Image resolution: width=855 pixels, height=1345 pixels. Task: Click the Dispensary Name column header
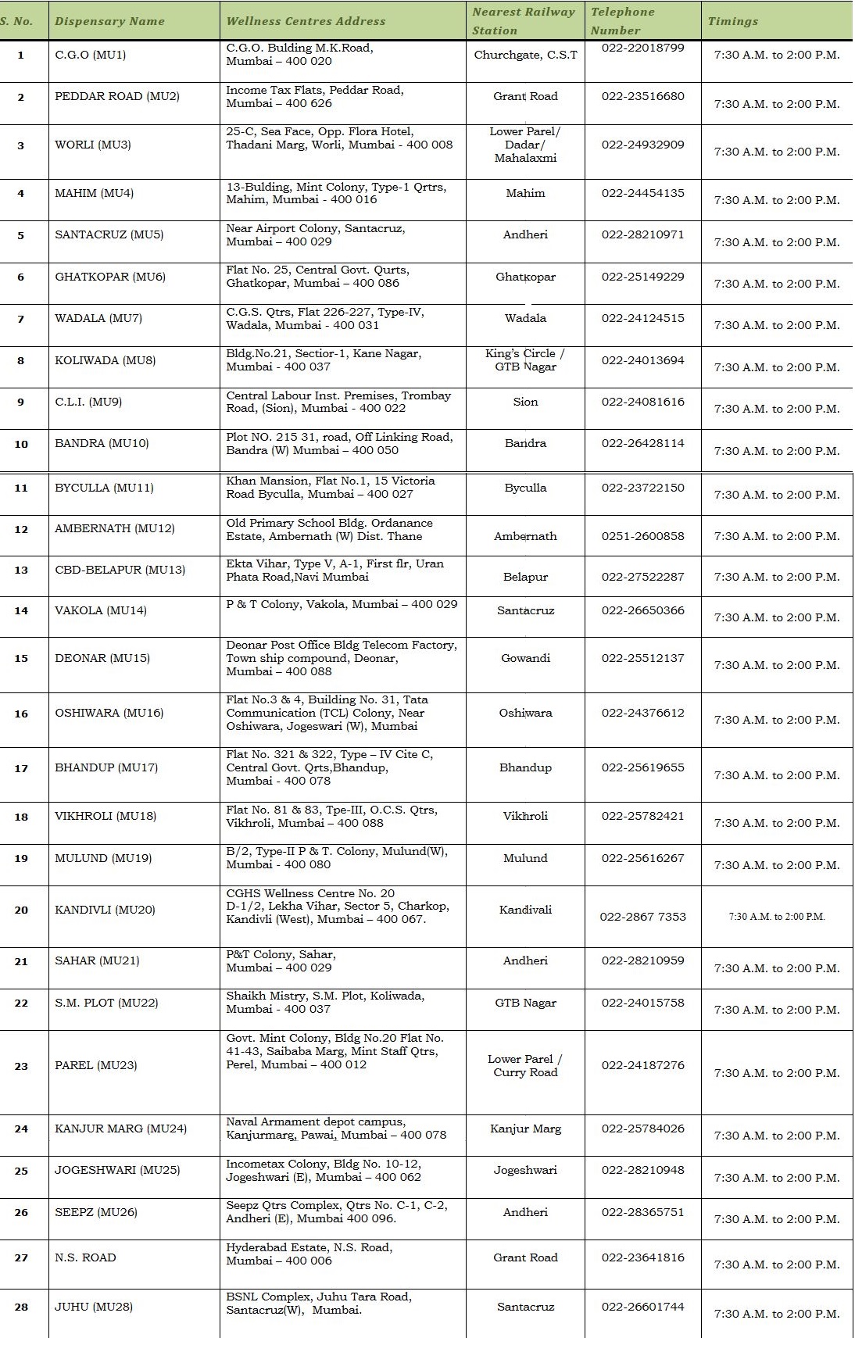pyautogui.click(x=109, y=21)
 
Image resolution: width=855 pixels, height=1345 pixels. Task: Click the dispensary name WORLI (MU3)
pyautogui.click(x=93, y=145)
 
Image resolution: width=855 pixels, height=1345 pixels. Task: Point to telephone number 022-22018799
pyautogui.click(x=642, y=48)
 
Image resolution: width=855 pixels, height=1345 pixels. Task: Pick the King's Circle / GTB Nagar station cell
pyautogui.click(x=525, y=360)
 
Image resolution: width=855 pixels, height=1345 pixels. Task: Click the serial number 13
pyautogui.click(x=21, y=571)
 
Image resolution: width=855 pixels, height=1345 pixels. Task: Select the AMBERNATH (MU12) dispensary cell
pyautogui.click(x=115, y=528)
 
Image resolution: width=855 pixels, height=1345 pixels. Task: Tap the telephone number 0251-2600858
pyautogui.click(x=642, y=536)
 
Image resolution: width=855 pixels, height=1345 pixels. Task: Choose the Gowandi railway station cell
pyautogui.click(x=525, y=658)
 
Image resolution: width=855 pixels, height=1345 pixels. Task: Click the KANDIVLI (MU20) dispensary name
pyautogui.click(x=105, y=910)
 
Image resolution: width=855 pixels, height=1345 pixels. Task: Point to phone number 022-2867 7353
pyautogui.click(x=642, y=916)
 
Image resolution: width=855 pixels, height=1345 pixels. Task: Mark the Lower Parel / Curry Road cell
pyautogui.click(x=525, y=1066)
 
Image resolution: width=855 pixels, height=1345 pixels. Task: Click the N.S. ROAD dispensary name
pyautogui.click(x=85, y=1257)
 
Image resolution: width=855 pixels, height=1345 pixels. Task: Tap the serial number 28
pyautogui.click(x=21, y=1307)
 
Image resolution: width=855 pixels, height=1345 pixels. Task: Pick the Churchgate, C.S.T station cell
pyautogui.click(x=525, y=55)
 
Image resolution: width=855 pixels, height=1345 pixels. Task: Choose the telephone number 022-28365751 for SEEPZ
pyautogui.click(x=642, y=1212)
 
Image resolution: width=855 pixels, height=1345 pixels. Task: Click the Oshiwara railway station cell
pyautogui.click(x=525, y=713)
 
